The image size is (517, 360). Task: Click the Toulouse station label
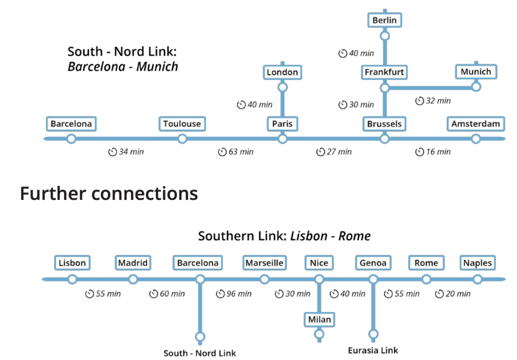coord(182,124)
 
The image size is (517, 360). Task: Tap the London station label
coord(282,72)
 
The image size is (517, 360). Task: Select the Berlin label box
coord(384,20)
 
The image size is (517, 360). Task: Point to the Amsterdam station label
coord(475,124)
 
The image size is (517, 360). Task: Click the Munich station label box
coord(476,71)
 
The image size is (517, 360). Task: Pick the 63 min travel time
coord(241,152)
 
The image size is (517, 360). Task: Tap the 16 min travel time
coord(438,152)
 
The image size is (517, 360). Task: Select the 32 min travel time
coord(438,101)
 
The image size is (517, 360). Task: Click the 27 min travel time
coord(339,152)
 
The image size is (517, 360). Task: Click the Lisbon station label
coord(72,263)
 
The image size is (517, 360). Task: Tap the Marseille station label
coord(264,263)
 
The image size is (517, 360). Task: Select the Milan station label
coord(319,319)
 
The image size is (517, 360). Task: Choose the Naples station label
coord(477,263)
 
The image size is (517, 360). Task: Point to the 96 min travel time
coord(239,294)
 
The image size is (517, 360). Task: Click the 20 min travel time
coord(458,294)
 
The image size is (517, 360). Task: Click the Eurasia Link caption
coord(373,350)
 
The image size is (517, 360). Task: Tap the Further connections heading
coord(109,193)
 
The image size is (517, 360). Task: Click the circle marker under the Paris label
coord(283,139)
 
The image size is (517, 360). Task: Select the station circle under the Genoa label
coord(373,279)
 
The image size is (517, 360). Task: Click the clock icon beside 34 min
coord(112,152)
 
